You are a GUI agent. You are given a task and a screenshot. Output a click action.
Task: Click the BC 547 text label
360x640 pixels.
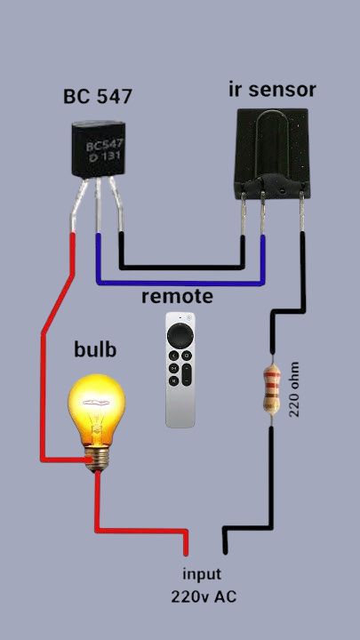coord(98,96)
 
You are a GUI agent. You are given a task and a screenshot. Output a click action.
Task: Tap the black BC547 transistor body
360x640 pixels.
coord(98,149)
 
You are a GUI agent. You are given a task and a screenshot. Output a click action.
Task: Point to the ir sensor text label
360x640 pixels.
coord(272,90)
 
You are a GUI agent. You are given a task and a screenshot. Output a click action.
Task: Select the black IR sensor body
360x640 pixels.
coord(272,153)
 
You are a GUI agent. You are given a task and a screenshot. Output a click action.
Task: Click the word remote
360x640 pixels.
coord(177,297)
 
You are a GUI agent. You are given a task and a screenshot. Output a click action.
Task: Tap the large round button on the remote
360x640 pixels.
coord(180,335)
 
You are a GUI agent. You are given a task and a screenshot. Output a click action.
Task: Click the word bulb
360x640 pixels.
coord(95,350)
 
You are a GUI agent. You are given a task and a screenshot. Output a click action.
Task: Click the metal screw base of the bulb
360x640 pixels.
coord(97,458)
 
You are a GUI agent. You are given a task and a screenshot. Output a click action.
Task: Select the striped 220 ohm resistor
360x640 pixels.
coord(271,390)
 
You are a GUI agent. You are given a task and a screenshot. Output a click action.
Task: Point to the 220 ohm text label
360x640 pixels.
coord(294,389)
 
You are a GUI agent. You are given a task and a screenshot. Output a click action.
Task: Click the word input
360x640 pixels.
coord(202,574)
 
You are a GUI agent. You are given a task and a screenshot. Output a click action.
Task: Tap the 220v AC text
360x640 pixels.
coord(204,597)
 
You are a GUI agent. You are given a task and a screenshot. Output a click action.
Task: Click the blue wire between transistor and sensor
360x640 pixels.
coord(180,283)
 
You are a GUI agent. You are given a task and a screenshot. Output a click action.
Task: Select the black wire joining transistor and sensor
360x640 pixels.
coord(182,268)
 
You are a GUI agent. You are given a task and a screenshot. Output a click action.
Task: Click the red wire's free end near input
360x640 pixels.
coord(186,554)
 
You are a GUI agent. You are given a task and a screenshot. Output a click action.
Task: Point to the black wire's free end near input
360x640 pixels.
coord(225,551)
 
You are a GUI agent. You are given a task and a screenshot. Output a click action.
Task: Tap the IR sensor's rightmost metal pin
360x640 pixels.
coord(302,212)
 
